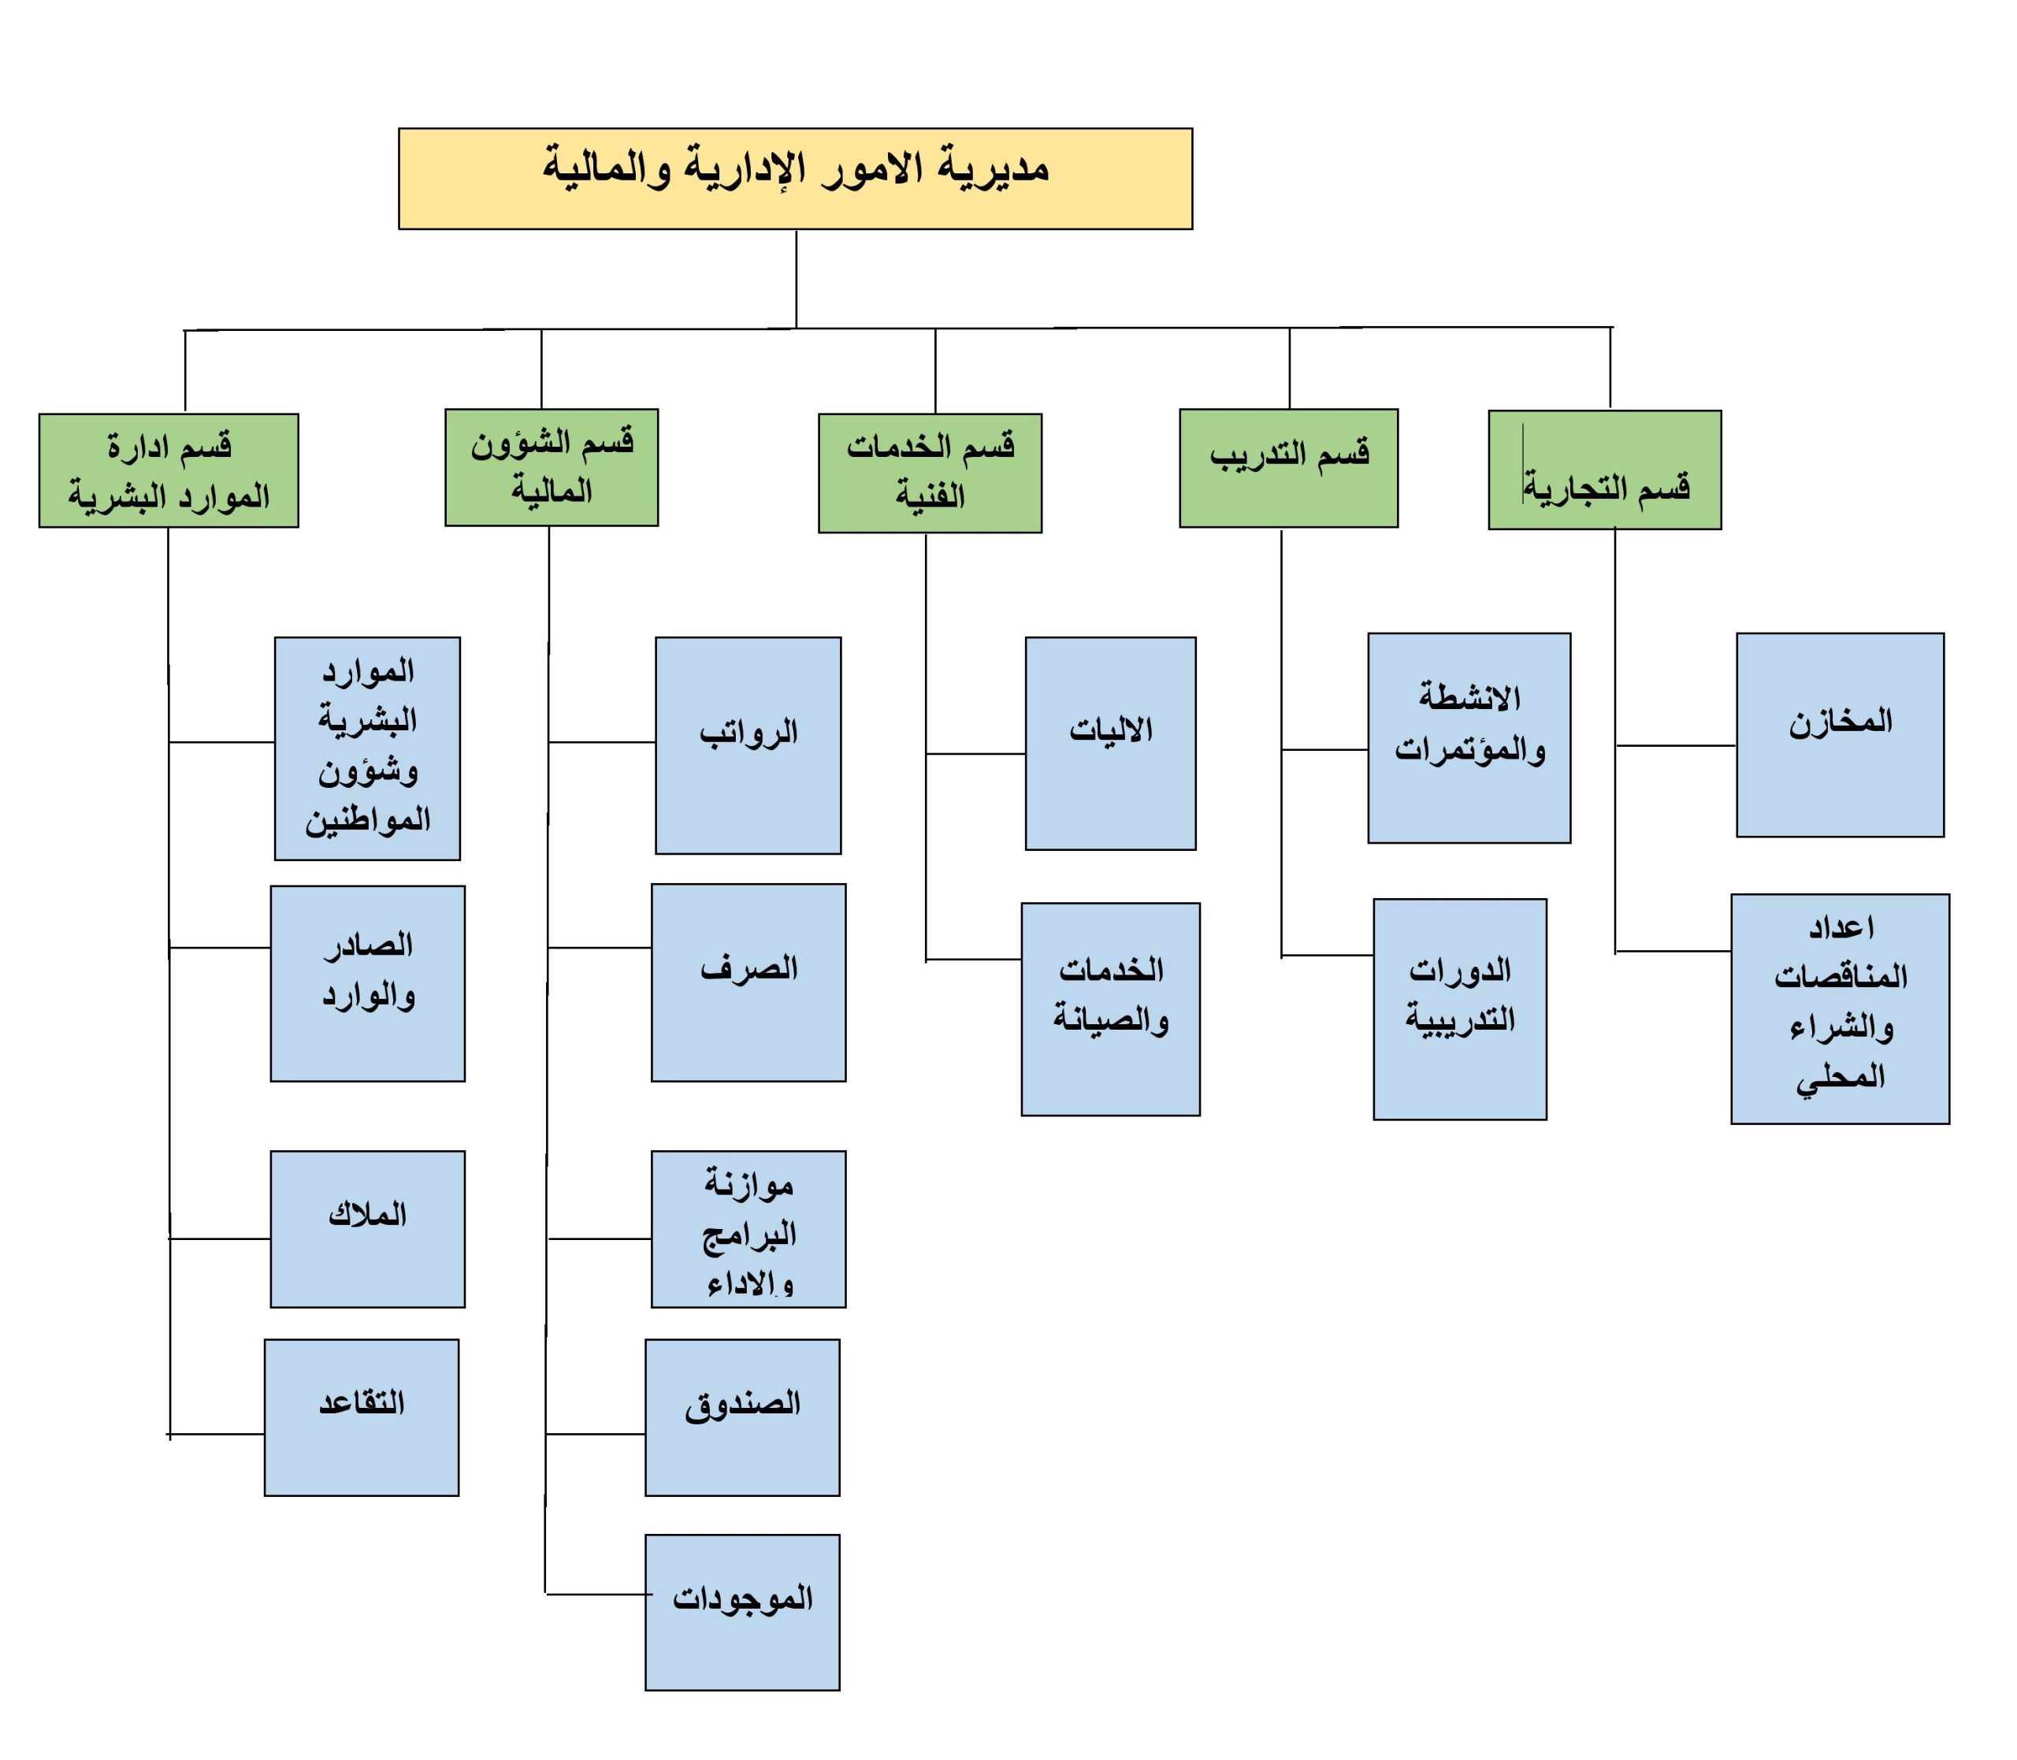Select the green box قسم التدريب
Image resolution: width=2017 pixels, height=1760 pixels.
click(x=1288, y=469)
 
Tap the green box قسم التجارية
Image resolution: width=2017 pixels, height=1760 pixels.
click(x=1605, y=470)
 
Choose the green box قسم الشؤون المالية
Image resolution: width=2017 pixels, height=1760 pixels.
click(x=551, y=467)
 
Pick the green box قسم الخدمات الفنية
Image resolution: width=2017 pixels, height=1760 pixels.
click(x=930, y=473)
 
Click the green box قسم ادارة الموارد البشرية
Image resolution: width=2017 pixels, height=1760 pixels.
click(x=169, y=470)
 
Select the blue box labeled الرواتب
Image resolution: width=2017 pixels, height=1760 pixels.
click(x=748, y=745)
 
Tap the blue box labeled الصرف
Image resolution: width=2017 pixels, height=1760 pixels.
click(x=748, y=982)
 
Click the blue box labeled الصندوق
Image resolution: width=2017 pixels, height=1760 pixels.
click(x=742, y=1417)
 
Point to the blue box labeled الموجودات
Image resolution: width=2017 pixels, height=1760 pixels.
click(x=742, y=1613)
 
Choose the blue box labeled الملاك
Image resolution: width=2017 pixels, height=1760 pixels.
click(x=367, y=1229)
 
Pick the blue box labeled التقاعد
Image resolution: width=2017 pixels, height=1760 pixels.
click(x=362, y=1417)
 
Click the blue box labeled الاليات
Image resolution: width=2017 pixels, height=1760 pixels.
click(x=1111, y=744)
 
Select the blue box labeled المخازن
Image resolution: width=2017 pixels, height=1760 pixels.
click(x=1841, y=734)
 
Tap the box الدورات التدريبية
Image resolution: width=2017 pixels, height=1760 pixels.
click(x=1460, y=1008)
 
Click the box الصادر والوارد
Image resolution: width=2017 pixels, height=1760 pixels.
click(x=367, y=983)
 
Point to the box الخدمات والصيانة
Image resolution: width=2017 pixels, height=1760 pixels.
click(x=1111, y=1008)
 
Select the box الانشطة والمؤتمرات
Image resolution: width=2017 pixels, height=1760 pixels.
click(x=1469, y=737)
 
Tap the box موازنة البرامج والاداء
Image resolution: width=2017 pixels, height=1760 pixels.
click(x=748, y=1229)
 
